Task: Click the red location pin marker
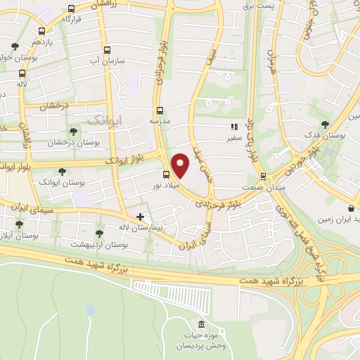point(181,165)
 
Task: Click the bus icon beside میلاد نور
point(166,174)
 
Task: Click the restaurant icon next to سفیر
point(234,127)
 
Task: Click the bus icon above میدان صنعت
point(263,176)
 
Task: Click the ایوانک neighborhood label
point(104,121)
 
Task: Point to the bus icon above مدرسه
point(160,110)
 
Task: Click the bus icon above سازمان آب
point(107,50)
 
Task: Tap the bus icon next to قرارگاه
point(71,9)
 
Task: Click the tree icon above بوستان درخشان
point(74,131)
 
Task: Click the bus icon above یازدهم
point(41,31)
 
